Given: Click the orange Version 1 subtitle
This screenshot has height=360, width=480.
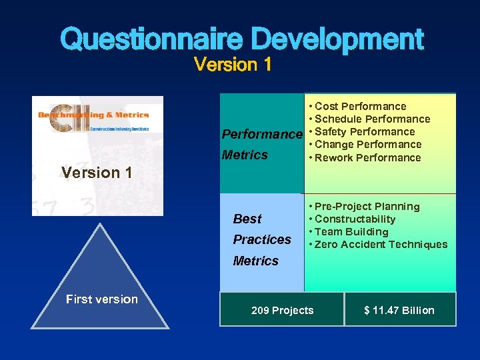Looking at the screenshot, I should click(232, 65).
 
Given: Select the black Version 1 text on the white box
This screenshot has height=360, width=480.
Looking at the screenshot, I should click(97, 173).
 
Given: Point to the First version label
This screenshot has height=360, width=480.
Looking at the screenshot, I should click(101, 299).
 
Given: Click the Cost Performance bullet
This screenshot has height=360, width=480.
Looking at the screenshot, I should click(360, 106).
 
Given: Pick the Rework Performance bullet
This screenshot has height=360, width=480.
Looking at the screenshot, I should click(367, 157).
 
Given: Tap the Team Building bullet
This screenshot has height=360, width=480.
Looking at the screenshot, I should click(351, 231).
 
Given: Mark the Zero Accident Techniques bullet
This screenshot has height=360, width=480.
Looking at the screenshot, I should click(381, 244).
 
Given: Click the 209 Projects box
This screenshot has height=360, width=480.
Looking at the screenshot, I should click(282, 310).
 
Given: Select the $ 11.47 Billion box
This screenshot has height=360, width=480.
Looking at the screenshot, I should click(399, 310).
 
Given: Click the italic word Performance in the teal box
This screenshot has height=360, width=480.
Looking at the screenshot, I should click(262, 135).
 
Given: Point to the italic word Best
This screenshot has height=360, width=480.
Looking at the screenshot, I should click(247, 219).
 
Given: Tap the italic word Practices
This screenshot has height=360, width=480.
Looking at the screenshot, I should click(262, 239).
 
